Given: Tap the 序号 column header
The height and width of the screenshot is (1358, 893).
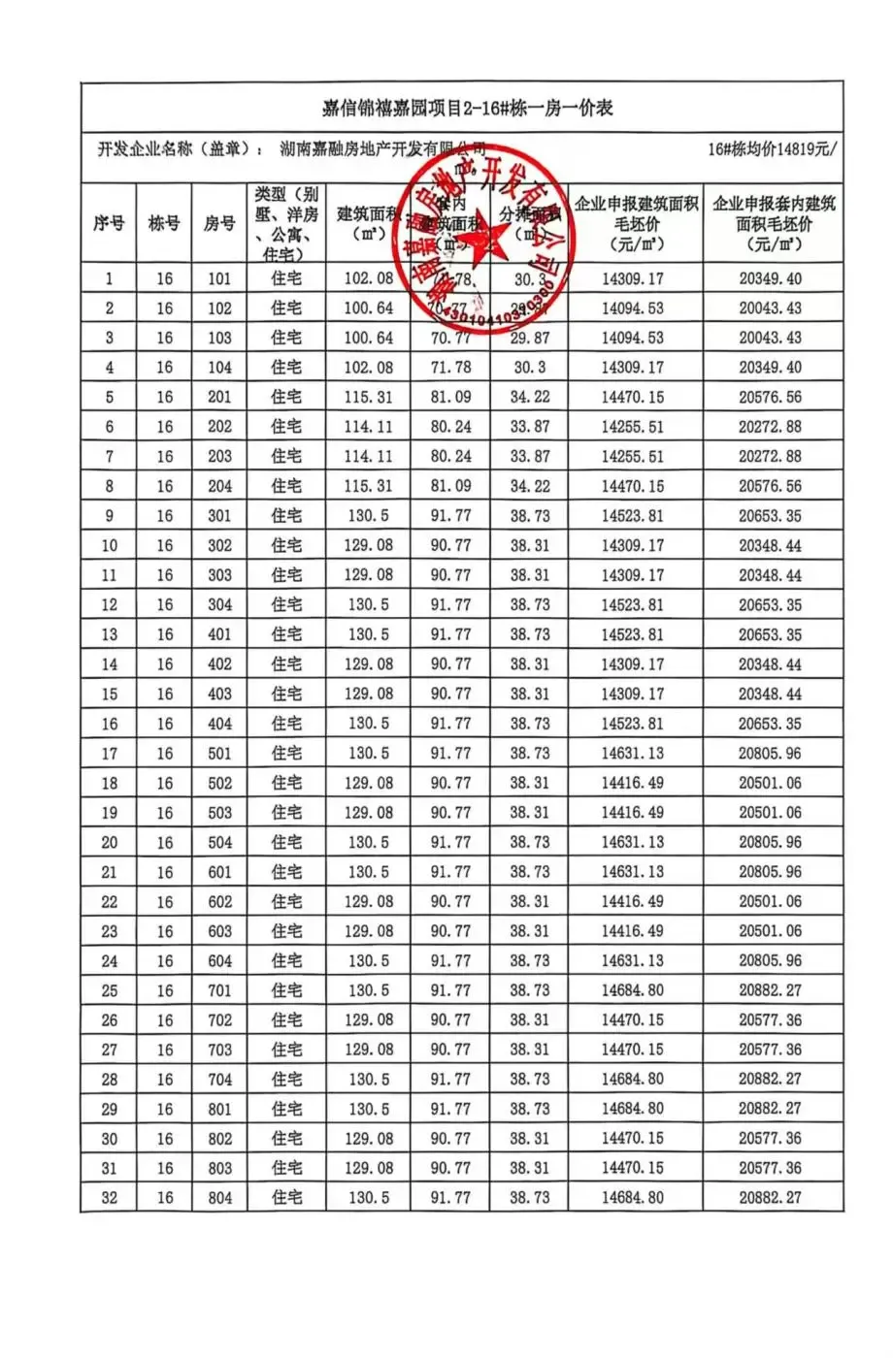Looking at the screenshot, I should [109, 223].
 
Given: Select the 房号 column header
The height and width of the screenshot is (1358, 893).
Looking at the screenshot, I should [219, 223].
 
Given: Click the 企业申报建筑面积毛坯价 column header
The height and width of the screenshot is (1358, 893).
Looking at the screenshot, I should [635, 223].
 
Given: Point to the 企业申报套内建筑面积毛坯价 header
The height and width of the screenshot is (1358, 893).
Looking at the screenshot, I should [773, 223].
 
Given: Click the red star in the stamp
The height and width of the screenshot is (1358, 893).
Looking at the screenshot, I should [482, 236].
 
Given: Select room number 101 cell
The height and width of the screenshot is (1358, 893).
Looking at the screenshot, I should [219, 278].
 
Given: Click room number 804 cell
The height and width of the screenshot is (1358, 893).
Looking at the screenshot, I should [219, 1198].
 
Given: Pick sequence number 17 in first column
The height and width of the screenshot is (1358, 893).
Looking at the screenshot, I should [109, 754].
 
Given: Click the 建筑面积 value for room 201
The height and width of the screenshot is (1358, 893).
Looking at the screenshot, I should [369, 397].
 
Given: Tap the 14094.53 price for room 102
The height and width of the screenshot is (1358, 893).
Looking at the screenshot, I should [633, 308].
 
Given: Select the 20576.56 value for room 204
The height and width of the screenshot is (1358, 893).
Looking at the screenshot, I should [771, 486].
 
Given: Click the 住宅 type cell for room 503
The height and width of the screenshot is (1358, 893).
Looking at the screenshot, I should [286, 813].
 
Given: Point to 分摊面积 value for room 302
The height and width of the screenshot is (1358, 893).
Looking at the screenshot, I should [530, 545].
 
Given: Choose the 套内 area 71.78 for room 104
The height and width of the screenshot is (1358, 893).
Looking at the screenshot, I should [450, 368].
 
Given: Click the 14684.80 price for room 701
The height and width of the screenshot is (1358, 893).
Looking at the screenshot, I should [633, 990].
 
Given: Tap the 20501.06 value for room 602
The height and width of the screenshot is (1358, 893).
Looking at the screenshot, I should [771, 901].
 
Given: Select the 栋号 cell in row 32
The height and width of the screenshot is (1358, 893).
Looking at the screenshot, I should [164, 1198].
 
